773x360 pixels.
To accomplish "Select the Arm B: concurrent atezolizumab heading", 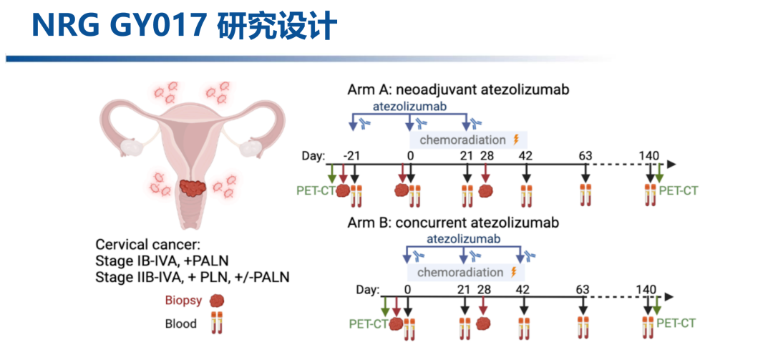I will [452, 223].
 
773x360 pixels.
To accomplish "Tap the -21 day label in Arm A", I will [351, 156].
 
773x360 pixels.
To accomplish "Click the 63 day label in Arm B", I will [583, 289].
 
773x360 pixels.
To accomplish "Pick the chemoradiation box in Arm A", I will [468, 139].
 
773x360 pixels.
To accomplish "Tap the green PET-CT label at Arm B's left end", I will [368, 323].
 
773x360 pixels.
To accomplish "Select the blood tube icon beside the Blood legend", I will [214, 323].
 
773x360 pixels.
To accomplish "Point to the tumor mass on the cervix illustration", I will [193, 188].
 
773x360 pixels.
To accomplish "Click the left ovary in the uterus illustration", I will [133, 147].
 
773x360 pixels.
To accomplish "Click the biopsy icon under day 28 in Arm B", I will [484, 326].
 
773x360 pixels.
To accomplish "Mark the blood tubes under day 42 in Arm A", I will [528, 193].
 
